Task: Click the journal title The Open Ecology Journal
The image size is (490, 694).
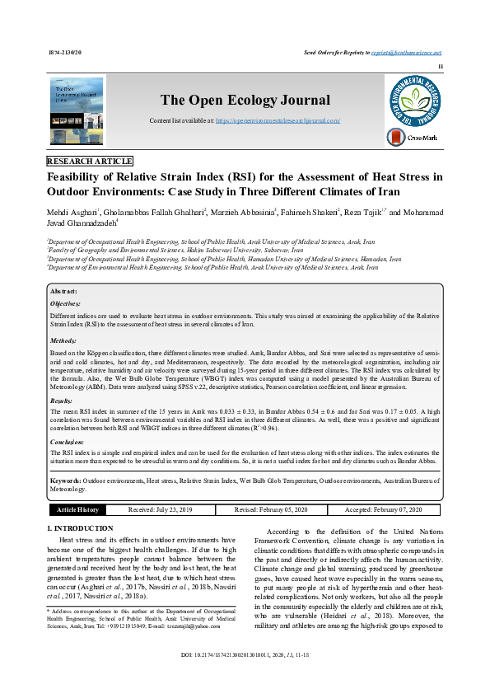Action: tap(244, 101)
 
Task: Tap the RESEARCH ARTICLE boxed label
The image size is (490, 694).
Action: tap(90, 161)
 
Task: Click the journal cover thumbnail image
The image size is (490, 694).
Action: tap(77, 113)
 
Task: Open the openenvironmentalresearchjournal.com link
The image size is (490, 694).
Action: tap(278, 120)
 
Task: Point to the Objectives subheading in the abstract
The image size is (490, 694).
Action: tap(67, 303)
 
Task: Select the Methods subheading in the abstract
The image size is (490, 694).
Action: tap(63, 340)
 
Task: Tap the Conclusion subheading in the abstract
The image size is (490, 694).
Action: tap(68, 441)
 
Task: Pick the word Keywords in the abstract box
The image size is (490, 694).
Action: tap(65, 480)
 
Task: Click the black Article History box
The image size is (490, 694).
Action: tap(77, 510)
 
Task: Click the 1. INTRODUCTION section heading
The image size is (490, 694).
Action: tap(80, 528)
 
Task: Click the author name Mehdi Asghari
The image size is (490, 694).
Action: tap(72, 213)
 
